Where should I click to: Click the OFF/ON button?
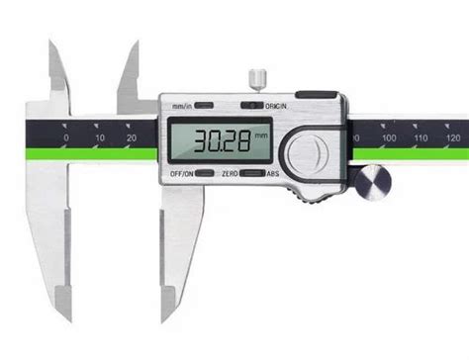[x=207, y=173]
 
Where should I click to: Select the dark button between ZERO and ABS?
[x=251, y=173]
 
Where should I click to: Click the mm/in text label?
[x=180, y=105]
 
